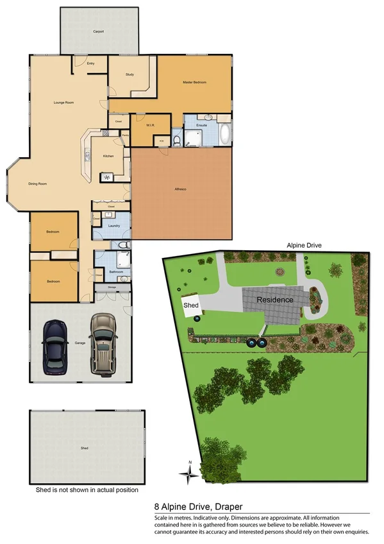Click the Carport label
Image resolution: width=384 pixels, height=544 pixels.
98,31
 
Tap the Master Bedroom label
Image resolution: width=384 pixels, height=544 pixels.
194,83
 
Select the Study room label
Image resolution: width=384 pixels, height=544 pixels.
129,75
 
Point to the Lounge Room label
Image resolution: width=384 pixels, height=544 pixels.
63,103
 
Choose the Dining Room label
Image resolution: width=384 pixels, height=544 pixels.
38,184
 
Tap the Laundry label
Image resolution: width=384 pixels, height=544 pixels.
115,226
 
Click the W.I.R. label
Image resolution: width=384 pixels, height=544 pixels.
151,126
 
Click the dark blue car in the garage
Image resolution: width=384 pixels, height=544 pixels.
55,347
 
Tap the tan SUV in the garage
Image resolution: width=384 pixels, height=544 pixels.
102,344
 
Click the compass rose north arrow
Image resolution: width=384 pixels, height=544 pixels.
190,473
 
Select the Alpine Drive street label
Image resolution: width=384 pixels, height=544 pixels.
305,245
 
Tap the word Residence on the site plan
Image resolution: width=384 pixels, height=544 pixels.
275,300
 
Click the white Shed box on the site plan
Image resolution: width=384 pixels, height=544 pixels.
192,306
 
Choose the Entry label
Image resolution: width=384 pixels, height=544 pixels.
90,64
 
